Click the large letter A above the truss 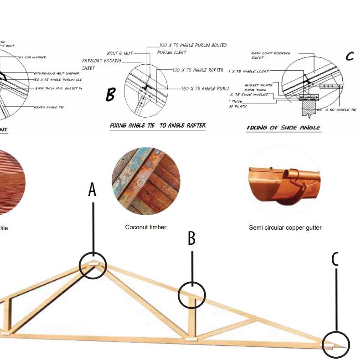(92, 190)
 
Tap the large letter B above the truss (192, 238)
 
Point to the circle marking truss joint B (192, 295)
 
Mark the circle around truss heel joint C (335, 345)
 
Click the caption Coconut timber (146, 227)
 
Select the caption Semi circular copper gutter (285, 227)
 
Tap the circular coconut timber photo (146, 181)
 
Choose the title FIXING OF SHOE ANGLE (284, 128)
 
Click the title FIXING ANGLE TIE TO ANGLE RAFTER (158, 125)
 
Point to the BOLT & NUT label (120, 53)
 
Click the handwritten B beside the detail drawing (111, 95)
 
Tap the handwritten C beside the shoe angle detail (350, 57)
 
